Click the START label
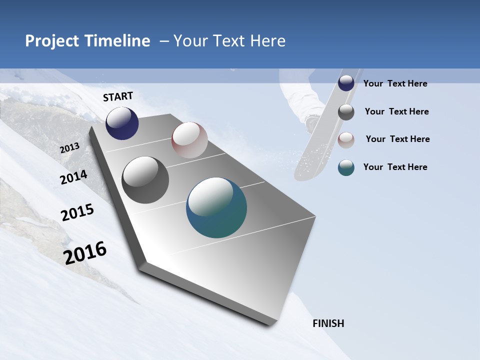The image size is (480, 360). coord(118,96)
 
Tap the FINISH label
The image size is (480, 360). coord(328,323)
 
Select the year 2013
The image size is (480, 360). coord(69,148)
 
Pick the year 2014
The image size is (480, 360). coord(73,177)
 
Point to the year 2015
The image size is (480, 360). coord(77,212)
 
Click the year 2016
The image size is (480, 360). coord(85,253)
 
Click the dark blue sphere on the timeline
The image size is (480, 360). coord(122,123)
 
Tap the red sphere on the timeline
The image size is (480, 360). coord(189,140)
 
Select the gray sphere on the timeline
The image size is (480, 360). coord(145,180)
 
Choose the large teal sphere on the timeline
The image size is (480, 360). coord(216,207)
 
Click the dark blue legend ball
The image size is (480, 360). coord(346,83)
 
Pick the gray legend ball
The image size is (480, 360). coord(346,112)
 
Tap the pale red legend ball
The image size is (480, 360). coord(346,140)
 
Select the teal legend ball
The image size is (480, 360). coord(346,167)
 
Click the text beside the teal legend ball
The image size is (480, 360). coord(395,167)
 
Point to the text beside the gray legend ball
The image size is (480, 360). coord(396,111)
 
